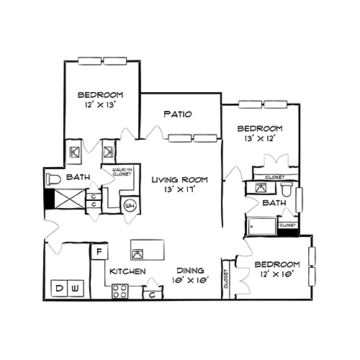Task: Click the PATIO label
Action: [176, 114]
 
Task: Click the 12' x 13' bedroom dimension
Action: [100, 105]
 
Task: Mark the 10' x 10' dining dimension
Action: [189, 280]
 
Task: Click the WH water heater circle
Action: [130, 205]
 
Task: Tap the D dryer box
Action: [60, 289]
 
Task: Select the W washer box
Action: [75, 289]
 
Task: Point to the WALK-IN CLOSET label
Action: [121, 172]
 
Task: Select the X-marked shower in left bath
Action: [68, 199]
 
